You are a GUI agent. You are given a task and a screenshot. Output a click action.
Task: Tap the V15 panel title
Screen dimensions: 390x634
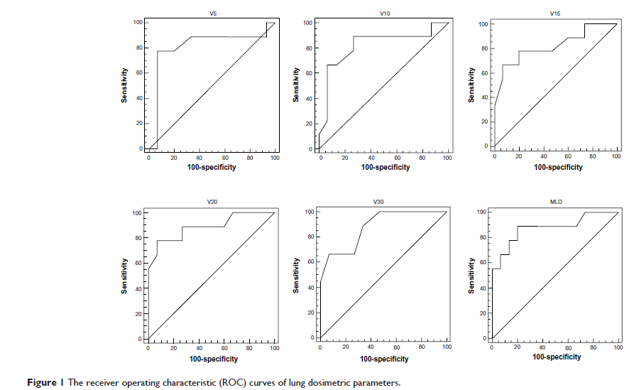[x=555, y=13]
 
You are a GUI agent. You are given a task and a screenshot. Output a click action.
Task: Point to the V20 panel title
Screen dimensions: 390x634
[x=212, y=202]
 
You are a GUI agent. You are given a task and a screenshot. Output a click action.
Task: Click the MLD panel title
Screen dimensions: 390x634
[x=555, y=202]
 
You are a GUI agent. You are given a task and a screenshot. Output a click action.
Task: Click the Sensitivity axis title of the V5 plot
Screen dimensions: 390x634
[x=124, y=85]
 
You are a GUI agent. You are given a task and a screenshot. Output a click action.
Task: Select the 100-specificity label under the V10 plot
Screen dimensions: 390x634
[x=385, y=168]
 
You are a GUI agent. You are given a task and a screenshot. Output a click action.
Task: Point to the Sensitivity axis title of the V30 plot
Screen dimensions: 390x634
[x=295, y=274]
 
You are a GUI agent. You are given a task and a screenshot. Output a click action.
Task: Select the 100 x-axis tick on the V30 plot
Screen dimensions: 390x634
[x=445, y=347]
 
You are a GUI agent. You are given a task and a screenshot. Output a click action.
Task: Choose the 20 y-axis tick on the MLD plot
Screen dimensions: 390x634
[x=483, y=313]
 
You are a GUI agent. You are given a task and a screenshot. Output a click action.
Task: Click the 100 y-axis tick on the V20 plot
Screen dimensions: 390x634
[x=136, y=213]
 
